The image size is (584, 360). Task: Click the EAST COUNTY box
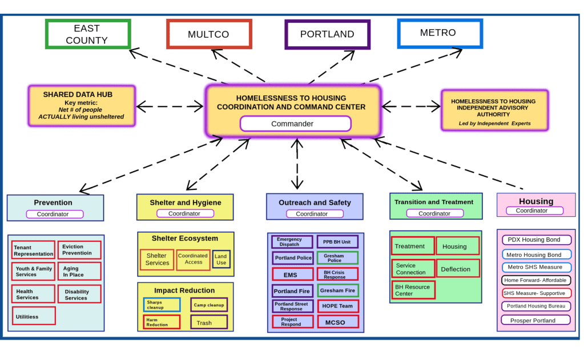pyautogui.click(x=88, y=34)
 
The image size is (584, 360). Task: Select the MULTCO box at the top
pyautogui.click(x=209, y=34)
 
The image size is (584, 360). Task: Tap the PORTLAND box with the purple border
pyautogui.click(x=327, y=34)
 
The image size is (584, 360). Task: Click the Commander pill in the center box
pyautogui.click(x=295, y=124)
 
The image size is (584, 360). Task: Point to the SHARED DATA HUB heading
pyautogui.click(x=78, y=95)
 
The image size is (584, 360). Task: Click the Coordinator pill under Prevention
pyautogui.click(x=55, y=215)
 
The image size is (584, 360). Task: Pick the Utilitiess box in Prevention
pyautogui.click(x=34, y=316)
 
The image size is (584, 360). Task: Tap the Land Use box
pyautogui.click(x=221, y=260)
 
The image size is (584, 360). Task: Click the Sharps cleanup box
pyautogui.click(x=161, y=305)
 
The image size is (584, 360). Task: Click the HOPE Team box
pyautogui.click(x=337, y=306)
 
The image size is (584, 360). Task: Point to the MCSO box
pyautogui.click(x=337, y=322)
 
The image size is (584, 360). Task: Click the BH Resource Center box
pyautogui.click(x=413, y=290)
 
